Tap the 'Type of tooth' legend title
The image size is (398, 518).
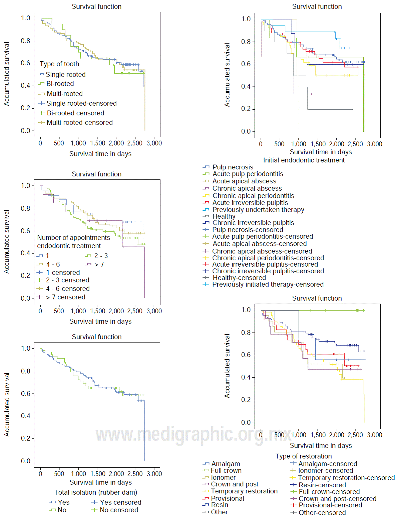(59, 64)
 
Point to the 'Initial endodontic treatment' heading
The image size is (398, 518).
(304, 160)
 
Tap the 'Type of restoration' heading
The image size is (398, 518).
(303, 456)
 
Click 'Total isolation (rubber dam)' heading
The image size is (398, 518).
(96, 492)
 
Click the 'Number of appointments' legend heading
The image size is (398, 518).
(73, 238)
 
